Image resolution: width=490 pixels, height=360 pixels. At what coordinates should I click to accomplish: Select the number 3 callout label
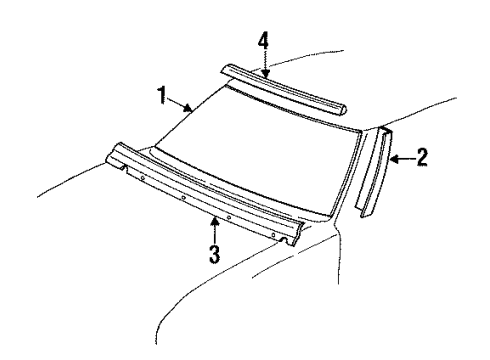tap(214, 252)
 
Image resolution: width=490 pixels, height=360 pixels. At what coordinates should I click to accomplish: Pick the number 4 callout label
tap(263, 40)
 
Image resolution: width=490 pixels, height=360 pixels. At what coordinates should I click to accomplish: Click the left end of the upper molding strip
tap(224, 71)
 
